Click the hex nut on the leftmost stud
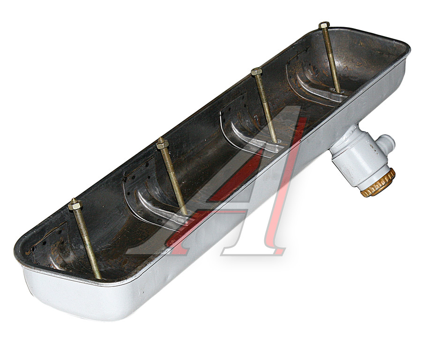(x=75, y=204)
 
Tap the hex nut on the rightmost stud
(x=324, y=25)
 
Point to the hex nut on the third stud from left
(x=256, y=71)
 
